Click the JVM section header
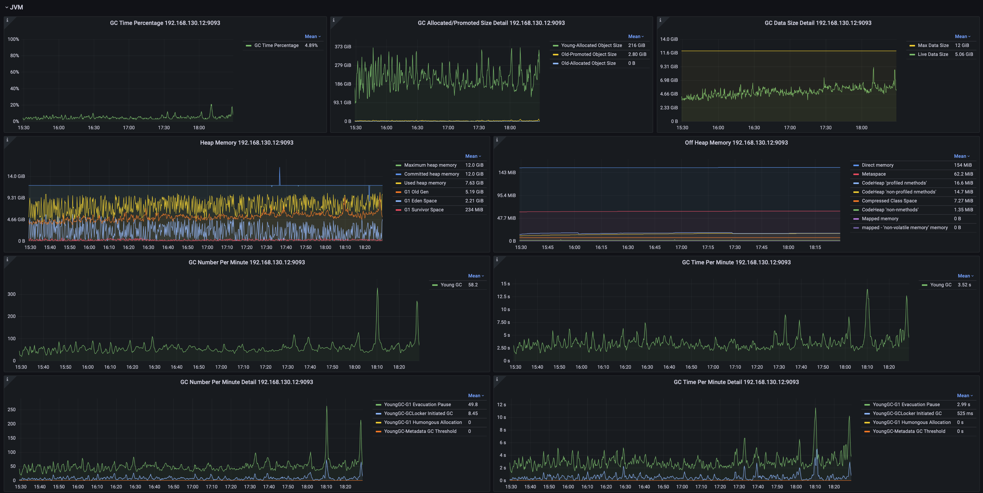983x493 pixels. [x=16, y=7]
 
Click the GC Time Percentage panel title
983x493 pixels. [x=165, y=23]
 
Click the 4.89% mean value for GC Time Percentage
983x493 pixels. [x=311, y=45]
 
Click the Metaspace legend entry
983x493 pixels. [x=874, y=174]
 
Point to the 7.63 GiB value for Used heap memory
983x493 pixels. [x=474, y=183]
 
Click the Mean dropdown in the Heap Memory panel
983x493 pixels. [x=473, y=156]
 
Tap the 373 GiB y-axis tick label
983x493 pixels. [x=343, y=46]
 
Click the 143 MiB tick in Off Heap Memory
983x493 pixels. [x=507, y=173]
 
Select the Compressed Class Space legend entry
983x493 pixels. [x=889, y=201]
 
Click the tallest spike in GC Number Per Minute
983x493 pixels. [x=377, y=289]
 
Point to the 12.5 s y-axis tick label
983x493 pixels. [x=503, y=297]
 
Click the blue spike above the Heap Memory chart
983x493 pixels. [x=279, y=168]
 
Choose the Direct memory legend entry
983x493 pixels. [x=877, y=165]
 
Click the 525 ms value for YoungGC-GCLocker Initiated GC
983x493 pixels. [x=965, y=413]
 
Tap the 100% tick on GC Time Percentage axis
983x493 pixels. [x=13, y=39]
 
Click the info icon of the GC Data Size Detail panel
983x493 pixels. [x=660, y=20]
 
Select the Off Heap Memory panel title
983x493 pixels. [x=736, y=143]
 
